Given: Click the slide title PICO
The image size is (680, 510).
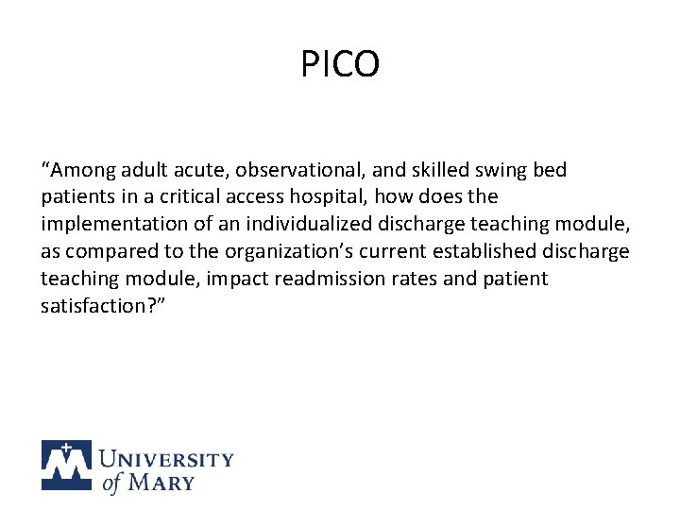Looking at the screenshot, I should click(x=340, y=64).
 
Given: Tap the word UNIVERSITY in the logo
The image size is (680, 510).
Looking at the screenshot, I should click(x=166, y=460).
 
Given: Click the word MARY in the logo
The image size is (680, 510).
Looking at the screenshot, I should click(x=161, y=482).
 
